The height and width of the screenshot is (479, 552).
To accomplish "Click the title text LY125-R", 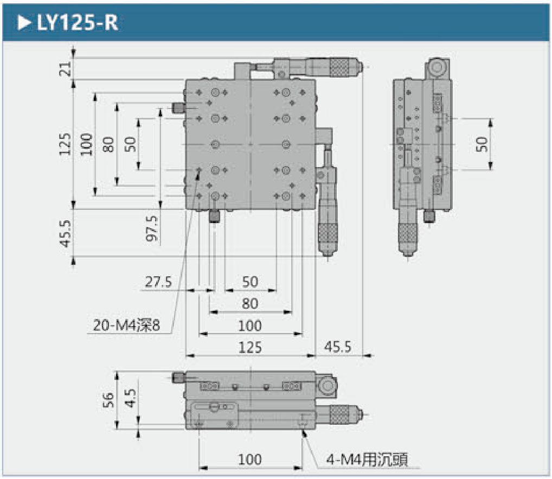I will pyautogui.click(x=78, y=23).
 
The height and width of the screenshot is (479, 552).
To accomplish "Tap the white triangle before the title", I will pyautogui.click(x=24, y=23).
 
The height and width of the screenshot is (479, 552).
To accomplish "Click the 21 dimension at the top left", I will pyautogui.click(x=65, y=69).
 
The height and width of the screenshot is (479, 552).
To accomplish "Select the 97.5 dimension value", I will pyautogui.click(x=152, y=228).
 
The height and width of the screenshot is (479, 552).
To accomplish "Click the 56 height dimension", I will pyautogui.click(x=108, y=400).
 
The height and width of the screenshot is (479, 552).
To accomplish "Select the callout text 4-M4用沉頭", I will pyautogui.click(x=367, y=460).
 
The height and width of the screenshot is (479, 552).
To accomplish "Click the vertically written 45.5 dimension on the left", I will pyautogui.click(x=65, y=233).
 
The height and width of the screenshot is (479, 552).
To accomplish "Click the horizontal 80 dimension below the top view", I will pyautogui.click(x=250, y=303).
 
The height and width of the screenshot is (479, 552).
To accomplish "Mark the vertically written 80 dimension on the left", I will pyautogui.click(x=108, y=144).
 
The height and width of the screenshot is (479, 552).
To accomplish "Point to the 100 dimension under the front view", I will pyautogui.click(x=250, y=459).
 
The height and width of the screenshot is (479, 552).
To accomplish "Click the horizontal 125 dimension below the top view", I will pyautogui.click(x=250, y=347).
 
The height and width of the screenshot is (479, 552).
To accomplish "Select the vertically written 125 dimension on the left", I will pyautogui.click(x=65, y=144).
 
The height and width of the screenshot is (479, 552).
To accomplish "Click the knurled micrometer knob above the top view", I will pyautogui.click(x=341, y=67).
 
